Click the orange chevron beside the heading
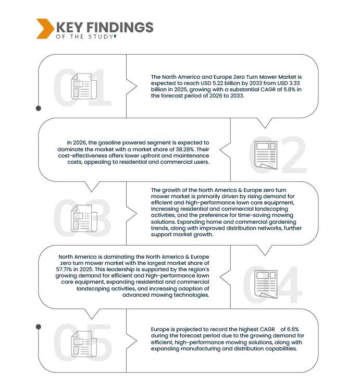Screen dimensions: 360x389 click(45, 29)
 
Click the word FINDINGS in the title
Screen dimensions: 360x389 click(120, 27)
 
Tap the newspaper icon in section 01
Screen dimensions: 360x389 click(84, 87)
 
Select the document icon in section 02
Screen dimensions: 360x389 click(266, 155)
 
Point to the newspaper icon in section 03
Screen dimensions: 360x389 click(84, 218)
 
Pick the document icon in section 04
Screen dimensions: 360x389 click(266, 284)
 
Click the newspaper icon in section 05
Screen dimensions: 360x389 click(84, 344)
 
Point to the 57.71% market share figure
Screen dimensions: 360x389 click(64, 270)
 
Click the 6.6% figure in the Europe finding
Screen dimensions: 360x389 click(293, 329)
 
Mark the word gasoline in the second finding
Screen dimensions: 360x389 click(109, 143)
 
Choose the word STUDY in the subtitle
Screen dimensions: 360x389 click(101, 37)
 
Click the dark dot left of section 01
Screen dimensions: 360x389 click(39, 108)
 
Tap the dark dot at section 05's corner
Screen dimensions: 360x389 click(39, 327)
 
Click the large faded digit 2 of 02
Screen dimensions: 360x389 click(294, 155)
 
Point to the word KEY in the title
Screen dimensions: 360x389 click(70, 27)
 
